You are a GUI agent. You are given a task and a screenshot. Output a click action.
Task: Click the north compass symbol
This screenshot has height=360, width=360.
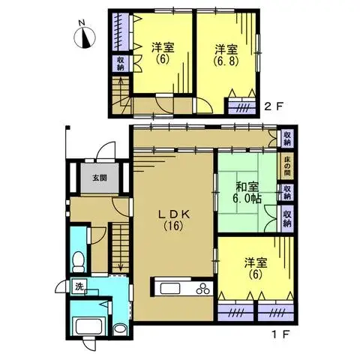pos(85,37)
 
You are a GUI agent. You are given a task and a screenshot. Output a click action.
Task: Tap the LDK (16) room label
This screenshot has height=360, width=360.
pos(174,220)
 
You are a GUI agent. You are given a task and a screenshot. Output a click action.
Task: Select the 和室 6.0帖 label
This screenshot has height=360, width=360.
pos(247,193)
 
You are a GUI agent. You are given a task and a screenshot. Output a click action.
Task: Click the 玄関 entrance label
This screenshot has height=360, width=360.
pos(100,178)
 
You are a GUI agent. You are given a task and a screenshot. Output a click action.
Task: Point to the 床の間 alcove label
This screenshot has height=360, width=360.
pos(287,166)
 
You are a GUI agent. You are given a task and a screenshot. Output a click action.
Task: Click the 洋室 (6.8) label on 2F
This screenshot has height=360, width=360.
pos(226,55)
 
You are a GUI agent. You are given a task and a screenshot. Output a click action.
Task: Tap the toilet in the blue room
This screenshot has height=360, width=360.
pos(78,262)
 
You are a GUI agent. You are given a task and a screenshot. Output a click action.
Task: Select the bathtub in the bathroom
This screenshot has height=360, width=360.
pos(88,325)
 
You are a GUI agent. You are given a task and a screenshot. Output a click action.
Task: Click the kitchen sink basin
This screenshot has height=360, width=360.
pos(169,289)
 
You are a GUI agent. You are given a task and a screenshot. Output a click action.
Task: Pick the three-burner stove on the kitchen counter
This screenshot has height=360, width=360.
pos(203,289)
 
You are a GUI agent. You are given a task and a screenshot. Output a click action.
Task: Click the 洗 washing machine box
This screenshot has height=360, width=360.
pos(79,287)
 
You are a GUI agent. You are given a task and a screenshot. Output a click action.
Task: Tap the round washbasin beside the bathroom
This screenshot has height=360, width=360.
pos(120,328)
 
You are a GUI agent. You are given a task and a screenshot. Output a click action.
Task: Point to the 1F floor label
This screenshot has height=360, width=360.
pos(280,334)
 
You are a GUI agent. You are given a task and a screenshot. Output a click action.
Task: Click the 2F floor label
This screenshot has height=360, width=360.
pos(274,107)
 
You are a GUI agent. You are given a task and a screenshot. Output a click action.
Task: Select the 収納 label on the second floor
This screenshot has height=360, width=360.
pos(121,64)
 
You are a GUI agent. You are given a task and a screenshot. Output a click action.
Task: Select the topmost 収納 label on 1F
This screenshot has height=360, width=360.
pos(287,138)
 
